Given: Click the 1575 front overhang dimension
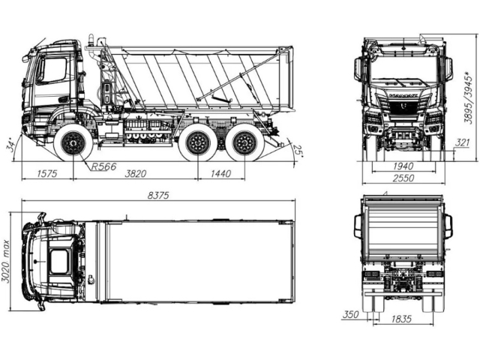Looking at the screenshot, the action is coord(47,174).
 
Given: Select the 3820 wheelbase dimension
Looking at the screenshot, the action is coord(136,174).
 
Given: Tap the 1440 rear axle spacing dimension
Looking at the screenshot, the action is coord(220,174).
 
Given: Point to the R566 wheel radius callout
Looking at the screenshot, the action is coord(104,166).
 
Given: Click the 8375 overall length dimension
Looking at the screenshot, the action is coord(158,195).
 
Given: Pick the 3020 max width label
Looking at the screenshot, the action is coord(6,261).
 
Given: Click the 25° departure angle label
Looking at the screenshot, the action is coord(298,150).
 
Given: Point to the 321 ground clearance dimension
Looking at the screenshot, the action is coord(462,142).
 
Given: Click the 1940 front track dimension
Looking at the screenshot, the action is coord(403,166).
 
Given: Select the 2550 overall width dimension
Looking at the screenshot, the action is coord(403,178).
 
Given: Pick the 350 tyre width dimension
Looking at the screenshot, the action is coord(350,314).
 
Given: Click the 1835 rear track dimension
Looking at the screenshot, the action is coord(401,319).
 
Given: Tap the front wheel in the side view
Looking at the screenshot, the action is coord(73,143).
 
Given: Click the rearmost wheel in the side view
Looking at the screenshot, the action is coord(245,143).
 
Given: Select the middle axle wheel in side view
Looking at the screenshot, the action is coord(198,143).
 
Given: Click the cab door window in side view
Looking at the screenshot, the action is coord(52,70).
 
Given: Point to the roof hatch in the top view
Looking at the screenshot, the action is coord(59,261).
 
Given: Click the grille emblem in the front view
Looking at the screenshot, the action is coord(403,106).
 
